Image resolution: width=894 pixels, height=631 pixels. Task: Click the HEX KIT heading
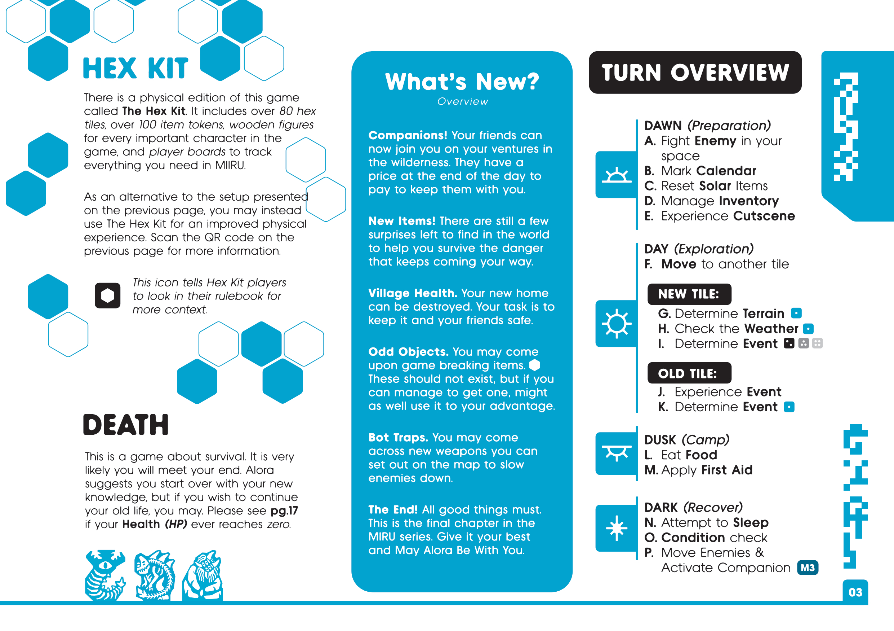point(135,69)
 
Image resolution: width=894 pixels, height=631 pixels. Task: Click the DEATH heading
point(126,425)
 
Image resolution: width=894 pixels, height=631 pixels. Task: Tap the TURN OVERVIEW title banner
point(695,73)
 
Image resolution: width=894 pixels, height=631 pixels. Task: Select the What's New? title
point(462,82)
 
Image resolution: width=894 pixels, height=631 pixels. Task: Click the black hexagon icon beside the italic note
point(107,295)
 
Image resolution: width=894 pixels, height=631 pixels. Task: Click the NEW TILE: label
point(689,294)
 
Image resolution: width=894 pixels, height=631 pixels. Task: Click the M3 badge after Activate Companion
point(808,568)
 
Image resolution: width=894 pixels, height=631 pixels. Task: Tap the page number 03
point(855,592)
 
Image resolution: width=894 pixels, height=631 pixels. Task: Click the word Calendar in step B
point(726,171)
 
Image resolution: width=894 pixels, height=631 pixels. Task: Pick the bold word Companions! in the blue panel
point(408,135)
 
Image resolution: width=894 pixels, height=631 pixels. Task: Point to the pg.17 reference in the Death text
point(284,511)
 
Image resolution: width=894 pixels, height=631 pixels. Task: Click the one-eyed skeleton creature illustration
point(105,574)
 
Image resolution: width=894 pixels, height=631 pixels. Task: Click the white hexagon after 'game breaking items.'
point(535,365)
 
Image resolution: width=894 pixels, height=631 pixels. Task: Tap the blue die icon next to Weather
point(808,329)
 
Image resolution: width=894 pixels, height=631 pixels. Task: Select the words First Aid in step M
point(726,470)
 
